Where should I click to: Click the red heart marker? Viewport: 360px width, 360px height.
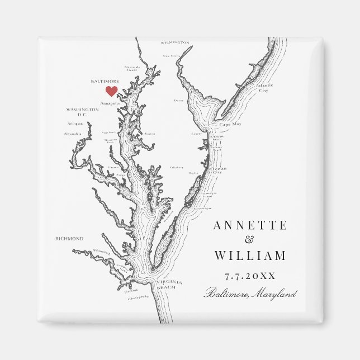[112, 91]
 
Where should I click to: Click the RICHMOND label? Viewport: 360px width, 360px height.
[69, 239]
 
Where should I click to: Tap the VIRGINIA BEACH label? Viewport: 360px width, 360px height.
[166, 284]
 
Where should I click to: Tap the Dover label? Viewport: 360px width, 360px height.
[179, 101]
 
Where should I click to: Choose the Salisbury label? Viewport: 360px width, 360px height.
[177, 167]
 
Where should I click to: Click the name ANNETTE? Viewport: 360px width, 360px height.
[250, 226]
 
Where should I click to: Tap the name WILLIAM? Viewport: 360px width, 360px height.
[250, 256]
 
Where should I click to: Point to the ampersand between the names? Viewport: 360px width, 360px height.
[249, 241]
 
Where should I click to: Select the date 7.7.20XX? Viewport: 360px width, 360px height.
[250, 276]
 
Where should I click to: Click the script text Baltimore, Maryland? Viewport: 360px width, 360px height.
[250, 293]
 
